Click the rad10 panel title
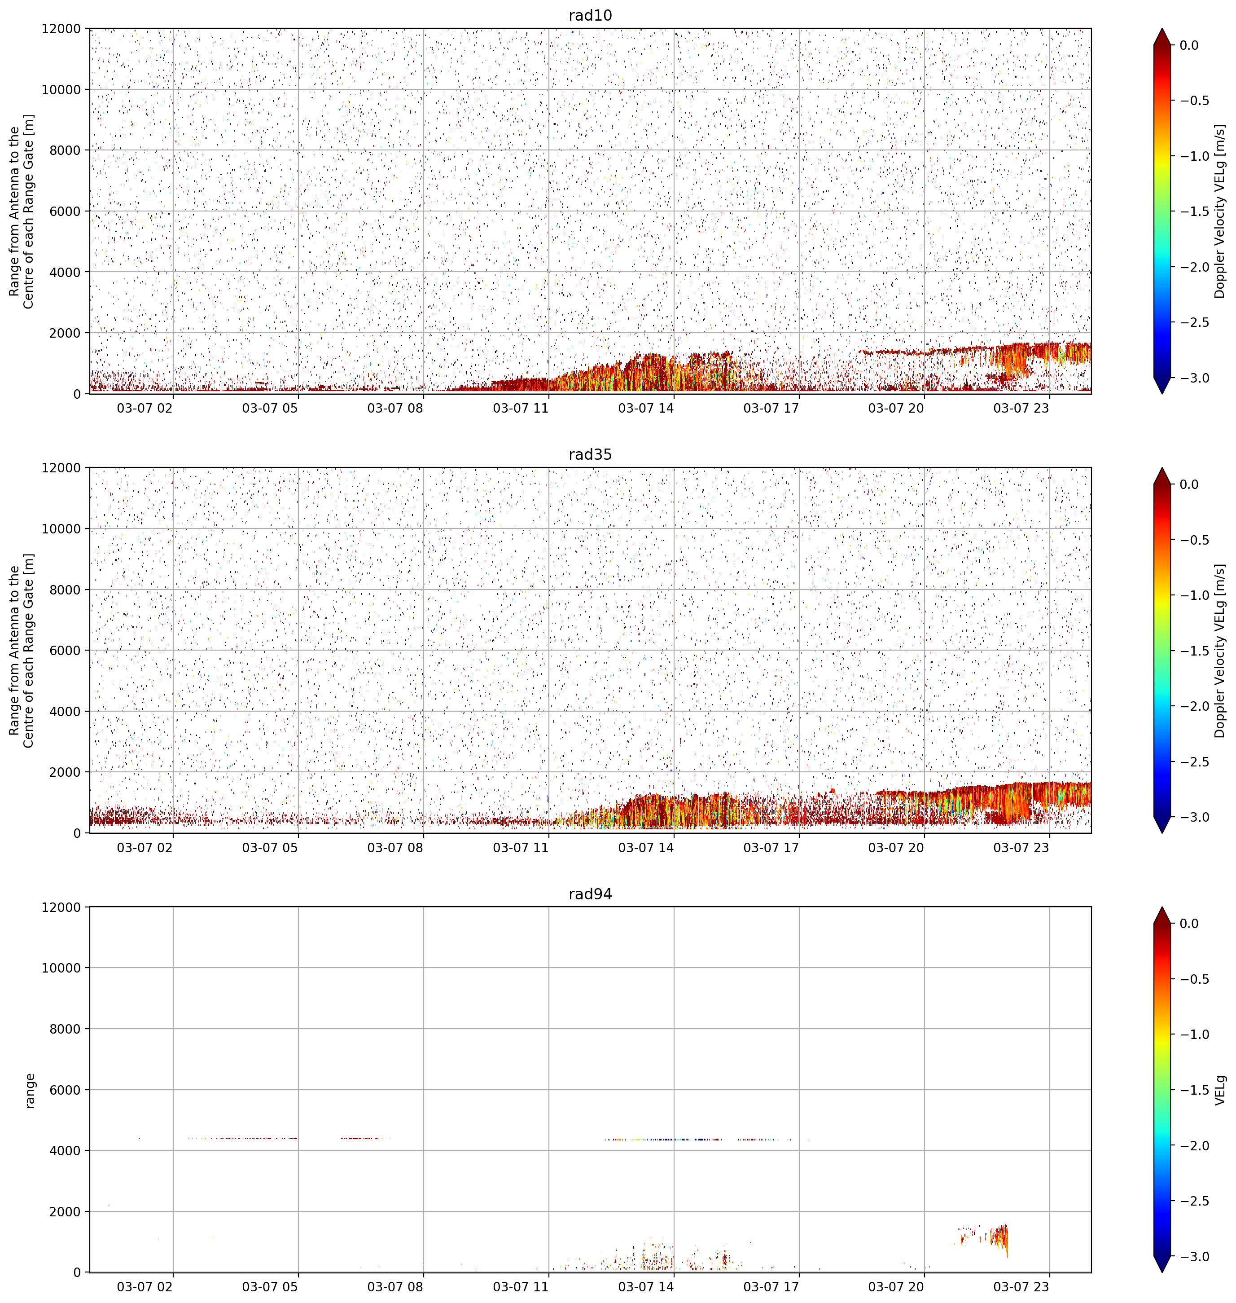pyautogui.click(x=590, y=15)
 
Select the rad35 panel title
pyautogui.click(x=590, y=454)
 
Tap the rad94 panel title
pyautogui.click(x=590, y=894)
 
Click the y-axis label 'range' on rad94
pyautogui.click(x=29, y=1090)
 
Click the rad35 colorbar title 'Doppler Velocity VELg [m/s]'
pyautogui.click(x=1219, y=651)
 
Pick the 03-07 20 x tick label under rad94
pyautogui.click(x=896, y=1286)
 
